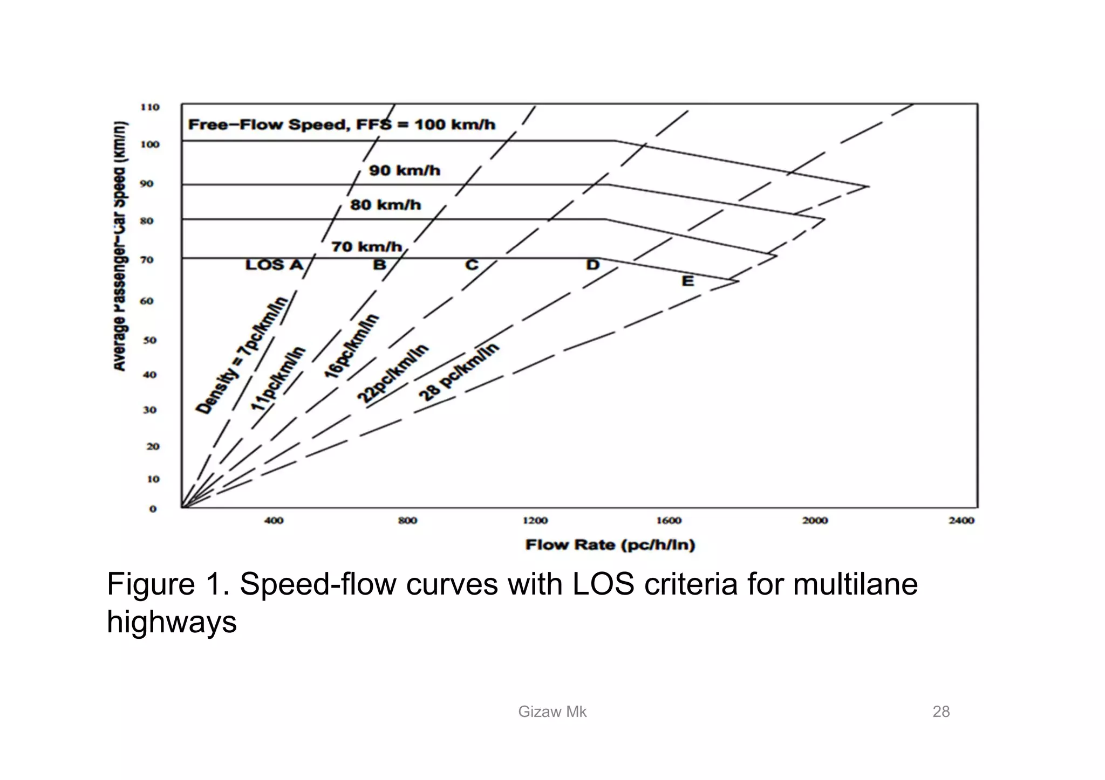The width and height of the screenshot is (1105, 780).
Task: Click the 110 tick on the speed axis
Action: tap(150, 107)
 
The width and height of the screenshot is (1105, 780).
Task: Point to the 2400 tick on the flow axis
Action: tap(961, 521)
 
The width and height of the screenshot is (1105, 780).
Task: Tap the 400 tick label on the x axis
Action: tap(274, 521)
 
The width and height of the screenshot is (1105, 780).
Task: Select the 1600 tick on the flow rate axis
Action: tap(669, 521)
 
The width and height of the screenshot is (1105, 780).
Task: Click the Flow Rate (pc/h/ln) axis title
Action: tap(610, 545)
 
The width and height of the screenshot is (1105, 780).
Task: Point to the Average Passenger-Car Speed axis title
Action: tap(120, 246)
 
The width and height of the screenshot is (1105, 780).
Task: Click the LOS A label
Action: tap(274, 265)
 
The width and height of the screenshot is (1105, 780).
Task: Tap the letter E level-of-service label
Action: tap(687, 281)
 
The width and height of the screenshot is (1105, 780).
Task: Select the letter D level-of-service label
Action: tap(592, 265)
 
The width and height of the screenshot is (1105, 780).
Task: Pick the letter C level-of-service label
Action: tap(472, 265)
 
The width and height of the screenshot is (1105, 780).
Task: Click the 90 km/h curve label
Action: tap(405, 171)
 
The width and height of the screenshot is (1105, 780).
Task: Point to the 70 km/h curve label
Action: tap(367, 247)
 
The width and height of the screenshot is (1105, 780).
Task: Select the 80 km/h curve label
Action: tap(385, 205)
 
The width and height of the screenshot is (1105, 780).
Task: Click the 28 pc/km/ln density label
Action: tap(459, 372)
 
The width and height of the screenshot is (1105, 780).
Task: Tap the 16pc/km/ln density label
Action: tap(352, 346)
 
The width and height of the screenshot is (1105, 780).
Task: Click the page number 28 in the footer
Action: tap(941, 712)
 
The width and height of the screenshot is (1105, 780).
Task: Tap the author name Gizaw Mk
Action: tap(552, 712)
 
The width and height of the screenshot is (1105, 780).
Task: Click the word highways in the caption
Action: tap(172, 622)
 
